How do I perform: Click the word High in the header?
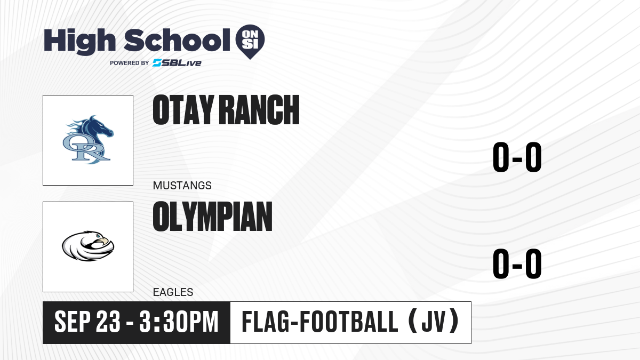point(79,41)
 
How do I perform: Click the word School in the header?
point(177,40)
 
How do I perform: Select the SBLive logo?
point(177,63)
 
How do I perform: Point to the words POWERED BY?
point(130,63)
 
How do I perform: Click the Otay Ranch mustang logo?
point(88,140)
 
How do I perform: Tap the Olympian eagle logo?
point(88,246)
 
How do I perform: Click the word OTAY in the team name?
point(183,110)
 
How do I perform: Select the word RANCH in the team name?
point(259,110)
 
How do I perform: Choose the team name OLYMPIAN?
point(213,217)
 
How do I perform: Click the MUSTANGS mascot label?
point(182,186)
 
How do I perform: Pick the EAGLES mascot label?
point(173,292)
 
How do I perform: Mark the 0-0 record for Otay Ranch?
point(517,157)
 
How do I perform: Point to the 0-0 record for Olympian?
point(517,263)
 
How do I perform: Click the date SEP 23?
point(87,322)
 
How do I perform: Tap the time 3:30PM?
point(179,322)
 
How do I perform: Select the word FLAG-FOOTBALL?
point(320,322)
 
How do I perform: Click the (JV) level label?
point(434,322)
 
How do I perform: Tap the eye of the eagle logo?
point(99,236)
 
